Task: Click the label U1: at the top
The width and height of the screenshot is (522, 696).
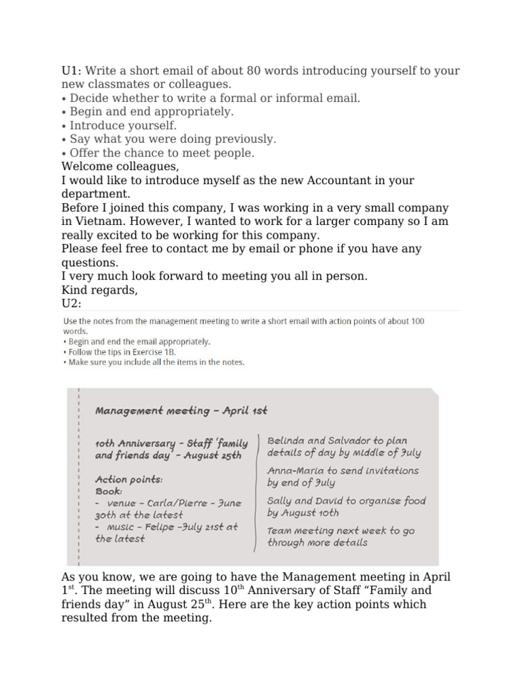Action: pyautogui.click(x=71, y=71)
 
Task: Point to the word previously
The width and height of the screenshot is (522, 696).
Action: pyautogui.click(x=243, y=139)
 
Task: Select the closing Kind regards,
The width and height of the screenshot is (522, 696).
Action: pyautogui.click(x=99, y=290)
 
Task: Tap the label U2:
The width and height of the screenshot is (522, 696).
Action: pyautogui.click(x=71, y=304)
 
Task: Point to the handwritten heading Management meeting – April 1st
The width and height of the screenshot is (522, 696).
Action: pyautogui.click(x=181, y=411)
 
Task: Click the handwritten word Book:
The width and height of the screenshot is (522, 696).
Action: pyautogui.click(x=109, y=490)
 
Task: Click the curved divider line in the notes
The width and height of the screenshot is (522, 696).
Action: pyautogui.click(x=256, y=489)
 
